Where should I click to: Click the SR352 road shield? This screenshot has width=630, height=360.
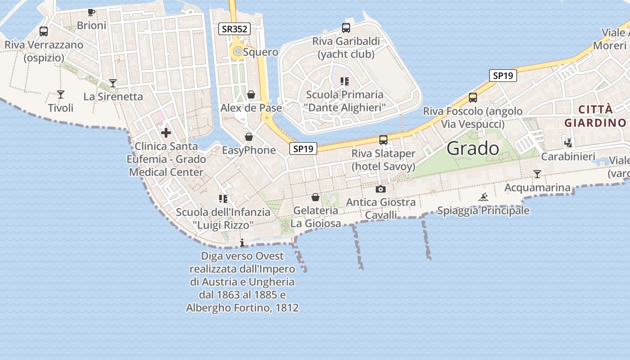(x=234, y=29)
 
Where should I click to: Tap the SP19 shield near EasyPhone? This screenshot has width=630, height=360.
(x=303, y=148)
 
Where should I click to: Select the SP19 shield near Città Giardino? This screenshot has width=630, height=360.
(x=503, y=76)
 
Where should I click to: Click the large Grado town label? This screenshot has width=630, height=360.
(x=473, y=148)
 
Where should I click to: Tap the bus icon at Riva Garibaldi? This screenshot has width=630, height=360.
(x=346, y=28)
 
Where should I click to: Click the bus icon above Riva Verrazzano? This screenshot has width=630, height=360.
(x=44, y=31)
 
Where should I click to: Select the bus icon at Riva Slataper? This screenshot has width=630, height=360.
(x=383, y=140)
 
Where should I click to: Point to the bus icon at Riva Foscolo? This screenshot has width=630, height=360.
(x=473, y=97)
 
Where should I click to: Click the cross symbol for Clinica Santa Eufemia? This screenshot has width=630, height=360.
(x=166, y=133)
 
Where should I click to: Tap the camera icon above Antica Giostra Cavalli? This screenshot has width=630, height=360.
(x=381, y=189)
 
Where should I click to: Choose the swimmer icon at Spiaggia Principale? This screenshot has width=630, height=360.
(x=483, y=197)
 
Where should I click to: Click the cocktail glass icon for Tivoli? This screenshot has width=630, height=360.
(x=61, y=94)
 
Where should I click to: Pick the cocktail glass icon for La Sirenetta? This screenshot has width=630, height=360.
(x=113, y=83)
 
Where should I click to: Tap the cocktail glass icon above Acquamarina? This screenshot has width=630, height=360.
(x=537, y=174)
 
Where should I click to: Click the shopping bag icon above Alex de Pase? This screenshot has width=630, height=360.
(x=251, y=94)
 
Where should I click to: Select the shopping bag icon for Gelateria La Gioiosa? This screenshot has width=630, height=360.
(x=315, y=197)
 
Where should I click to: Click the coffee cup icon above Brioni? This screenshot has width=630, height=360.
(x=91, y=12)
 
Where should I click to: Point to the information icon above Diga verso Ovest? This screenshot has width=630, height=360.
(x=242, y=243)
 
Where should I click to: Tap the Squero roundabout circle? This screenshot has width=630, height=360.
(x=238, y=52)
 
